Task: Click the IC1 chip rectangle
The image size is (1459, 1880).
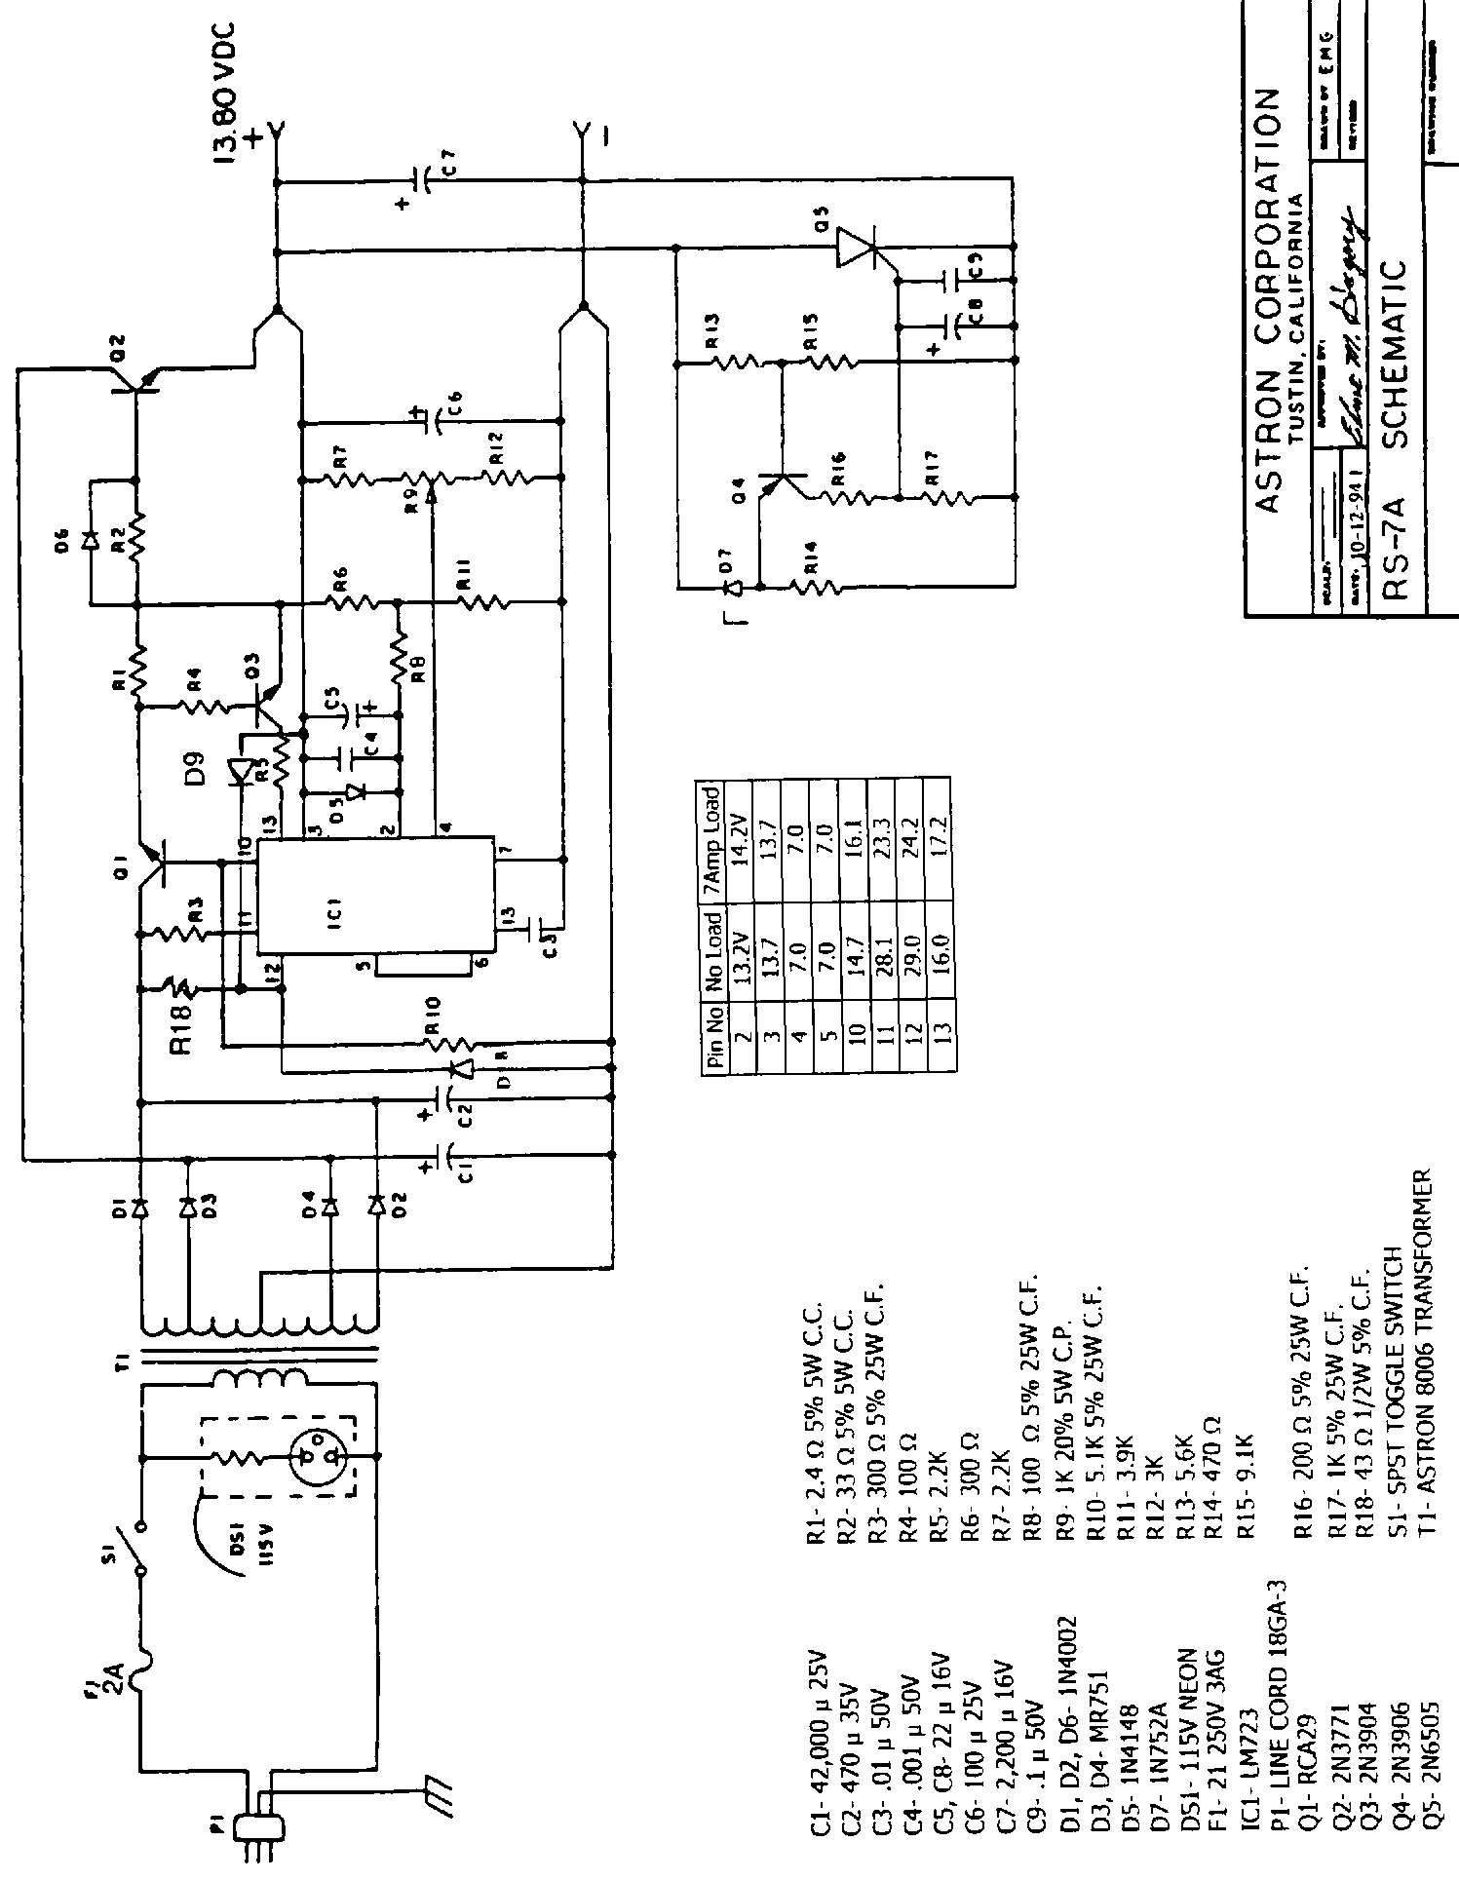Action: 374,897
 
